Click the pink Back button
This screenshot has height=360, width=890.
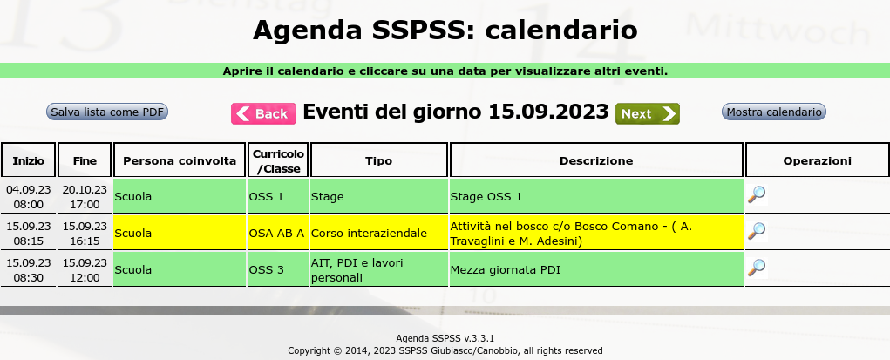[263, 113]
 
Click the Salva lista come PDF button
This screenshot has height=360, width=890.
[107, 112]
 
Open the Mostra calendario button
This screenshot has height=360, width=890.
[774, 112]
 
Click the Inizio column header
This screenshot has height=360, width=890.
[29, 160]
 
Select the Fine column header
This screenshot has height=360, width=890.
[85, 160]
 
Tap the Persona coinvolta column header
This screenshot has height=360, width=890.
[180, 160]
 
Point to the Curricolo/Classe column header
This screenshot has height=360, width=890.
[278, 160]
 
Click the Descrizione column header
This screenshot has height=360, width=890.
[596, 160]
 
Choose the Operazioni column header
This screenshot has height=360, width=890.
[818, 160]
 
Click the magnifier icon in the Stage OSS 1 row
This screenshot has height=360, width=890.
[756, 194]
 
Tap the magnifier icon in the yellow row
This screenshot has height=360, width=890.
[756, 231]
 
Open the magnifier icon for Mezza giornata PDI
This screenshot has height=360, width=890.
[756, 268]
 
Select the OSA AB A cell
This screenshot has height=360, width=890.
[278, 233]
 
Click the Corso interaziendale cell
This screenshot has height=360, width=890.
[379, 233]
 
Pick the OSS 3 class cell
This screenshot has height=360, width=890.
[278, 269]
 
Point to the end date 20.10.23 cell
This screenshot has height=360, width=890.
[85, 196]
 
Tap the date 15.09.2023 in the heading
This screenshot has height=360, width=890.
[548, 112]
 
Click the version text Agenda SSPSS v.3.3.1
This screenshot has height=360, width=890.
[445, 338]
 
